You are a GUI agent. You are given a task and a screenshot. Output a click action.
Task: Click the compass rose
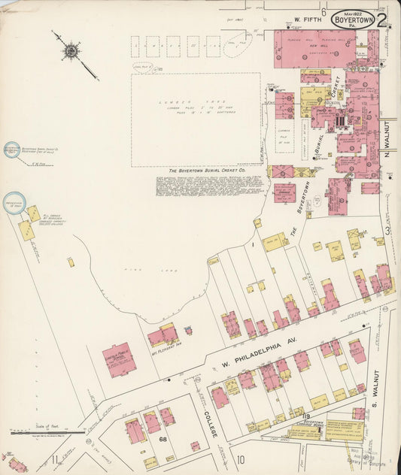click(71, 51)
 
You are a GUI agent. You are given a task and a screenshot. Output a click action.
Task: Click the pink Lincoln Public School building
click(119, 360)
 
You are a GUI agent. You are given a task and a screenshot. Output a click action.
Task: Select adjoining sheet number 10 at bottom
click(241, 459)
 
